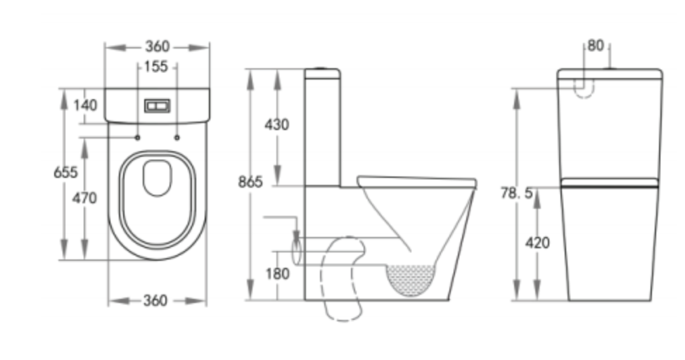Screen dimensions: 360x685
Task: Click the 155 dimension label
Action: [x=157, y=67]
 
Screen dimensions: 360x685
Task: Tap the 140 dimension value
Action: [x=85, y=105]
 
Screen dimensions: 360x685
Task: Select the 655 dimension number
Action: [x=65, y=173]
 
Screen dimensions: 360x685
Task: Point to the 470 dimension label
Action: [x=84, y=199]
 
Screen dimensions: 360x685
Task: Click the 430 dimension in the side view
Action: [x=276, y=125]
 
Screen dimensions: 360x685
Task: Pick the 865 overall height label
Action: [x=250, y=183]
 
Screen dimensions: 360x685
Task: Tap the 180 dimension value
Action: [x=276, y=274]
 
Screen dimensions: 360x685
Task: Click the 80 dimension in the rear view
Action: [x=596, y=46]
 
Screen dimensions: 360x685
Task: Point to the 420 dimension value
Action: [x=537, y=243]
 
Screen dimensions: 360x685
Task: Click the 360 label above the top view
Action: [x=157, y=46]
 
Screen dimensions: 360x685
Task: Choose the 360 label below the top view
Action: [x=155, y=301]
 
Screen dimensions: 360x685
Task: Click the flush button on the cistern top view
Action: [x=157, y=105]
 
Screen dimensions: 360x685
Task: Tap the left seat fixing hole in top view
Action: [x=138, y=136]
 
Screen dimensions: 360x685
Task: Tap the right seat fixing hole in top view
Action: [x=177, y=136]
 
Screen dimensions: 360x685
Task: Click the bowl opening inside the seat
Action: [x=157, y=177]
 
